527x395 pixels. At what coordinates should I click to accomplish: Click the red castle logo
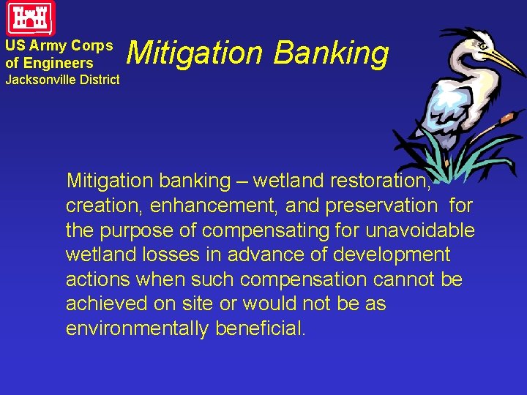(x=31, y=18)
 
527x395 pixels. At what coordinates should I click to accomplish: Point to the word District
(x=97, y=80)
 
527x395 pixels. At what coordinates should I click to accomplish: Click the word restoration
(x=381, y=180)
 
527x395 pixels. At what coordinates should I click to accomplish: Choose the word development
(x=392, y=255)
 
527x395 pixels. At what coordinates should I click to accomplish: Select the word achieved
(x=105, y=304)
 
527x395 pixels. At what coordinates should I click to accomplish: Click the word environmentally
(x=137, y=329)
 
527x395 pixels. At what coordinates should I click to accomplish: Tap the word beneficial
(x=260, y=329)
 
